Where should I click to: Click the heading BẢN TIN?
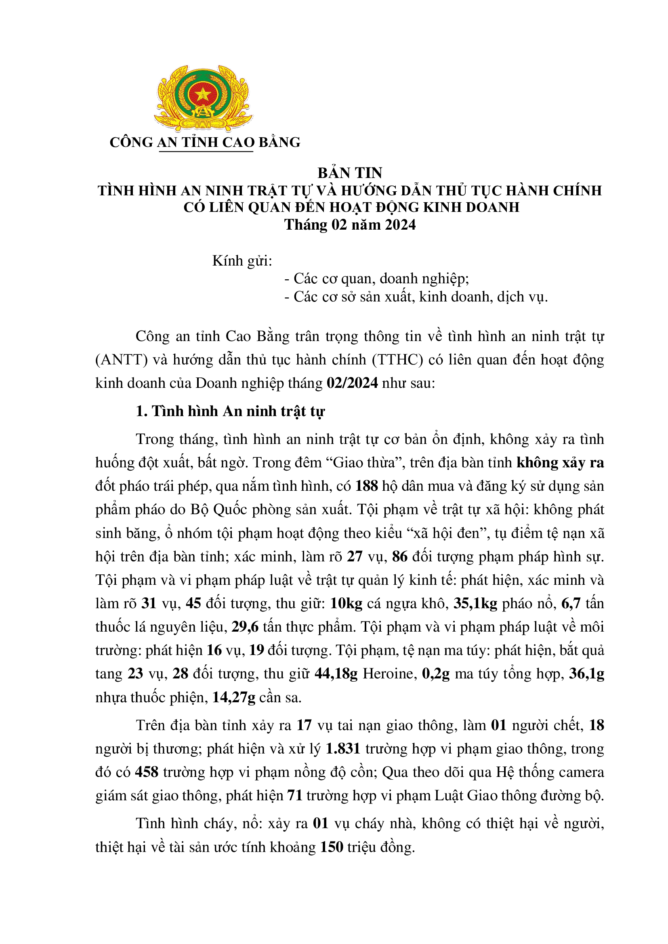coord(350,173)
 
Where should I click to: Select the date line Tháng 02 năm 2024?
coord(350,225)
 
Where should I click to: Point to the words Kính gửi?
coord(242,261)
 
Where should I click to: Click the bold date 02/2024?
coord(352,383)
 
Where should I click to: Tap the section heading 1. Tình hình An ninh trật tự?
coord(230,411)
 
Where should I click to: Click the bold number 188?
coord(366,486)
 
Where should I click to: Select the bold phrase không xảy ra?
coord(560,463)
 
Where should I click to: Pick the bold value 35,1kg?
coord(475,603)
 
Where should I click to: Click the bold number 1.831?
coord(342,749)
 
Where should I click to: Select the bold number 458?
coord(147,772)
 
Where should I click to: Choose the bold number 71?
coord(295,795)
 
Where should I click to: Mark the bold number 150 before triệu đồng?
coord(332,847)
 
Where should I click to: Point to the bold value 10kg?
coord(347,603)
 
